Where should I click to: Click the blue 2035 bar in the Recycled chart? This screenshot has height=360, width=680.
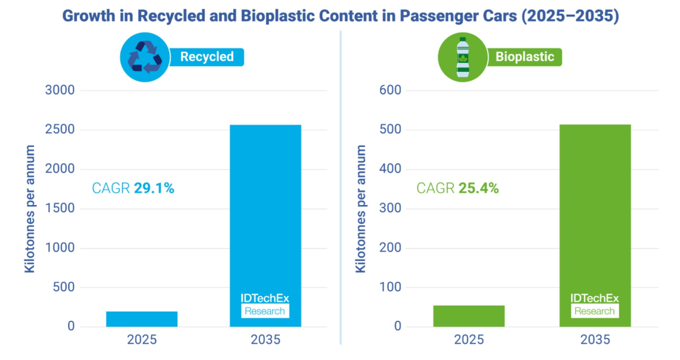[x=265, y=226]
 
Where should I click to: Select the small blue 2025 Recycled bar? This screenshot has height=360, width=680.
[x=142, y=319]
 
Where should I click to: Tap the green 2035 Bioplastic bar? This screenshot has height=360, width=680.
[x=595, y=226]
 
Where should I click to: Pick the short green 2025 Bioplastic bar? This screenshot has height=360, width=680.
[x=469, y=316]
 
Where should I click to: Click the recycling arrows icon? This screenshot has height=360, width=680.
[x=145, y=57]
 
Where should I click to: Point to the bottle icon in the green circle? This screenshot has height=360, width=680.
[x=462, y=57]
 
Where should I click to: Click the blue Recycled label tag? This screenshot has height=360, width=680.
[x=206, y=57]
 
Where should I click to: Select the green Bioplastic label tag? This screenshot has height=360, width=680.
[x=525, y=57]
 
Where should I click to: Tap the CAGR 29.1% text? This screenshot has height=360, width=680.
[x=133, y=188]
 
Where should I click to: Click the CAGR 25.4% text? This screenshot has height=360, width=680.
[x=457, y=188]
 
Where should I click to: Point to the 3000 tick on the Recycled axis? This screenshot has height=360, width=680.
[x=60, y=90]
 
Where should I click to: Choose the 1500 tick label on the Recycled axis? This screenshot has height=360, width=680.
[x=60, y=208]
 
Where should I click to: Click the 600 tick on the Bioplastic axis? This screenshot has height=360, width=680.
[x=390, y=90]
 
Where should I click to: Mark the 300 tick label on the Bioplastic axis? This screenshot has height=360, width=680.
[x=390, y=208]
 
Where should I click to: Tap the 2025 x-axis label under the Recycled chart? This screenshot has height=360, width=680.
[x=142, y=340]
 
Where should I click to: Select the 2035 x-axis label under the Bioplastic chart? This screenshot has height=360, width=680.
[x=595, y=340]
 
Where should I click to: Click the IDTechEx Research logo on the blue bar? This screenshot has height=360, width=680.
[x=265, y=306]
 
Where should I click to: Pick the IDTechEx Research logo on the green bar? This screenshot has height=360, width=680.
[x=594, y=306]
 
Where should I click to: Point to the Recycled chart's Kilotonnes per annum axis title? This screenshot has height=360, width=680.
[x=29, y=209]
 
